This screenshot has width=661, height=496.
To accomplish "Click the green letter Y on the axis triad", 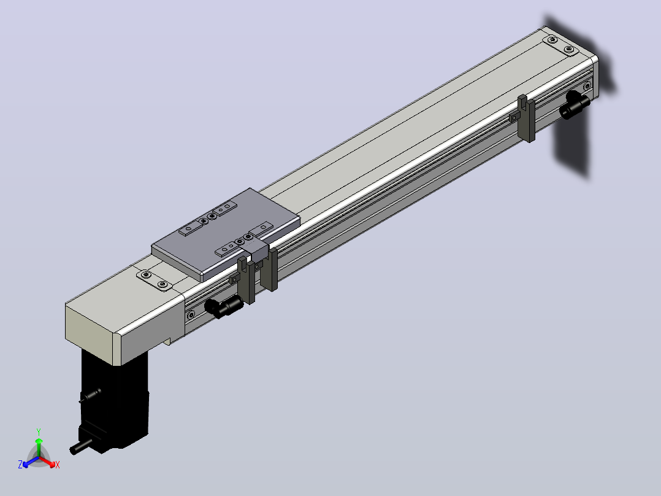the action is tap(39, 432).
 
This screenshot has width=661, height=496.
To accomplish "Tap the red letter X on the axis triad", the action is tap(58, 465).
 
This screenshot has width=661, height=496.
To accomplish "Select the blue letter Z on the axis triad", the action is tap(20, 464).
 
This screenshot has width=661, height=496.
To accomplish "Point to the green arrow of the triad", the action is tap(39, 448).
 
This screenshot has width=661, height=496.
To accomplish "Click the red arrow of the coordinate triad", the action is tap(47, 461).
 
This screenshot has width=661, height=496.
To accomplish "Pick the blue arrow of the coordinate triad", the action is tap(31, 462).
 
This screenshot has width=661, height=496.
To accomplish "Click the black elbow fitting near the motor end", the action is tap(223, 306).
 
